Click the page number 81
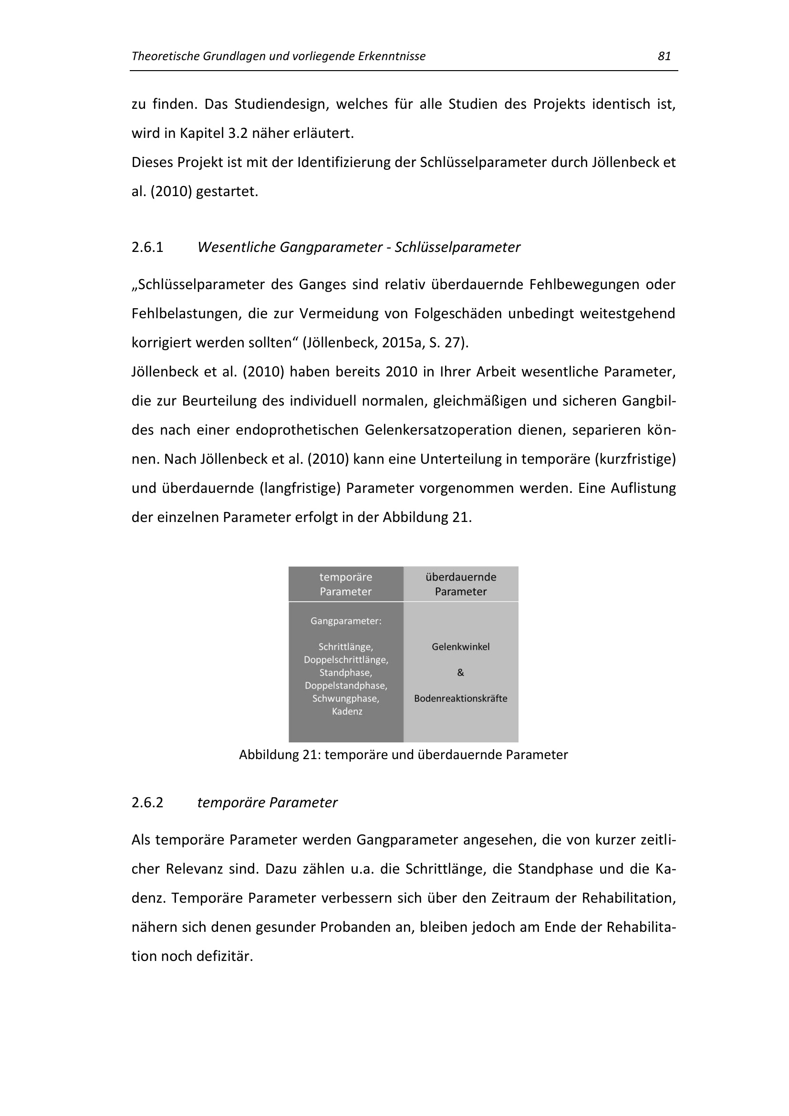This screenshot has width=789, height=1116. (x=664, y=56)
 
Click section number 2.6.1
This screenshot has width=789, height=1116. (x=147, y=248)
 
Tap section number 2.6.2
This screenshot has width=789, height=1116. (x=147, y=803)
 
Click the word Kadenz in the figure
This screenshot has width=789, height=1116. (x=347, y=711)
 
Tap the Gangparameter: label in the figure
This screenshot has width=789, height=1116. (x=346, y=621)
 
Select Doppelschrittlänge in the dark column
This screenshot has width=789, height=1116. (x=346, y=660)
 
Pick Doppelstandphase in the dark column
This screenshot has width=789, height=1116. (x=346, y=686)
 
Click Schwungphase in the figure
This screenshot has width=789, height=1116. (x=346, y=699)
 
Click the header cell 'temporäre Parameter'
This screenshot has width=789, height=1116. (x=346, y=584)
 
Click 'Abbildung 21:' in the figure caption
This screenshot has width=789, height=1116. (x=280, y=755)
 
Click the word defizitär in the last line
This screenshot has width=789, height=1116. (x=224, y=957)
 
